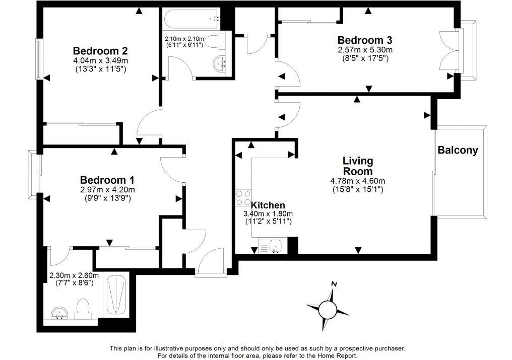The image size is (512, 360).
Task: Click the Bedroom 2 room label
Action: pos(100,51)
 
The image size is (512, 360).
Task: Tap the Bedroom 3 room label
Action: pos(365,40)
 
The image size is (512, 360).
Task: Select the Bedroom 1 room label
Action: pos(107,180)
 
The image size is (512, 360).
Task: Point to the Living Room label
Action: pos(358,166)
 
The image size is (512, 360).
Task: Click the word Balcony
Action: pos(458,150)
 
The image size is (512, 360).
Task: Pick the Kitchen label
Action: pos(268,205)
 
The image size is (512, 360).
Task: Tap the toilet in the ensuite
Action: pos(82,308)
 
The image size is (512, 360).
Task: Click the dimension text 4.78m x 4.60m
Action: pos(358,181)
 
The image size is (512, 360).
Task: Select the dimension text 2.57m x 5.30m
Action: pos(365,50)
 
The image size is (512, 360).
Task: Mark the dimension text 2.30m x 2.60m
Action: pos(74,276)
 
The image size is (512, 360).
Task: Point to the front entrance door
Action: pos(211,264)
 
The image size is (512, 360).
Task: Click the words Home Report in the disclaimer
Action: pos(336,355)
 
